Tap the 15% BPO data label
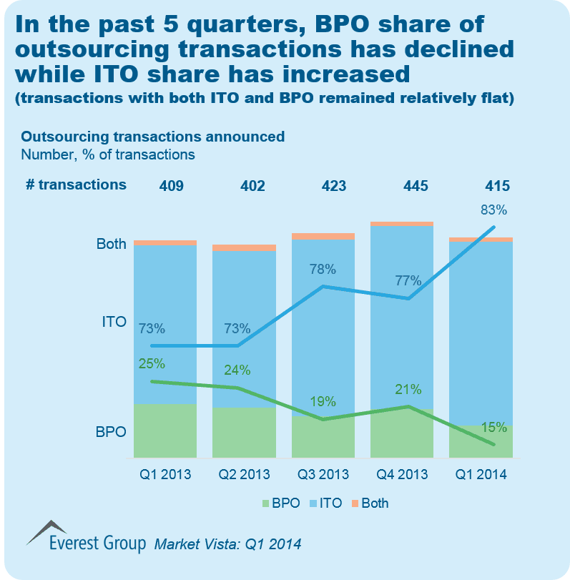[x=493, y=428]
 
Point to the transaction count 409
[x=172, y=186]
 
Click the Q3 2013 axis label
[x=323, y=474]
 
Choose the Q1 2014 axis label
[x=481, y=474]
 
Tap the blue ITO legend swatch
[x=313, y=503]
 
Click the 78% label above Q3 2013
[x=323, y=270]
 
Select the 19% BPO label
[x=323, y=401]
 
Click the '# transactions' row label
[x=76, y=185]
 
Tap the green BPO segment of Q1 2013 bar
[x=165, y=431]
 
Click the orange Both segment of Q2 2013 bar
[x=244, y=248]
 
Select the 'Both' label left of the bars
[x=111, y=244]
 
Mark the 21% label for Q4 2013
[x=408, y=390]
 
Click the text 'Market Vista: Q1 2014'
[x=228, y=544]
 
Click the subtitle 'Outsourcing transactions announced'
[x=153, y=137]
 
